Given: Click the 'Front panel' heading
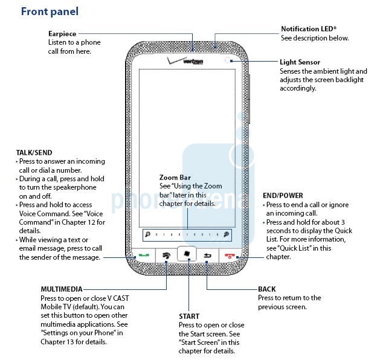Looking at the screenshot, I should point(50,11).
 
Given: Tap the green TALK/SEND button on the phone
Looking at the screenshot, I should point(143,256).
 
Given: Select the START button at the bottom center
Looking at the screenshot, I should point(188,254).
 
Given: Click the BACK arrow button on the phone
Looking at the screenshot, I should point(207,256).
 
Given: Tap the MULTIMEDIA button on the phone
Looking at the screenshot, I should point(166,256).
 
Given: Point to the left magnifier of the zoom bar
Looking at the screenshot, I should point(147,233).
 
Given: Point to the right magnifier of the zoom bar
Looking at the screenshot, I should point(226,233).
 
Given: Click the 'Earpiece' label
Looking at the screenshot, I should point(62,34).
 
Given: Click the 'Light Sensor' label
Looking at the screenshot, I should point(300,62).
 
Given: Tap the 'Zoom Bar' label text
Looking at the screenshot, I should point(175,178).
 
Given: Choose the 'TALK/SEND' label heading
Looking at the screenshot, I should point(33,153).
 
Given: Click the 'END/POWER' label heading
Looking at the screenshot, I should point(283,196).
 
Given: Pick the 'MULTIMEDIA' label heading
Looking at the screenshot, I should point(61,289).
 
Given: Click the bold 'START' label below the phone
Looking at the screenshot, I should point(189,316).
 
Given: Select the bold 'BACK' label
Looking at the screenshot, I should point(266,289).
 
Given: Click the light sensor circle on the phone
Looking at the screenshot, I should point(227,60).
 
